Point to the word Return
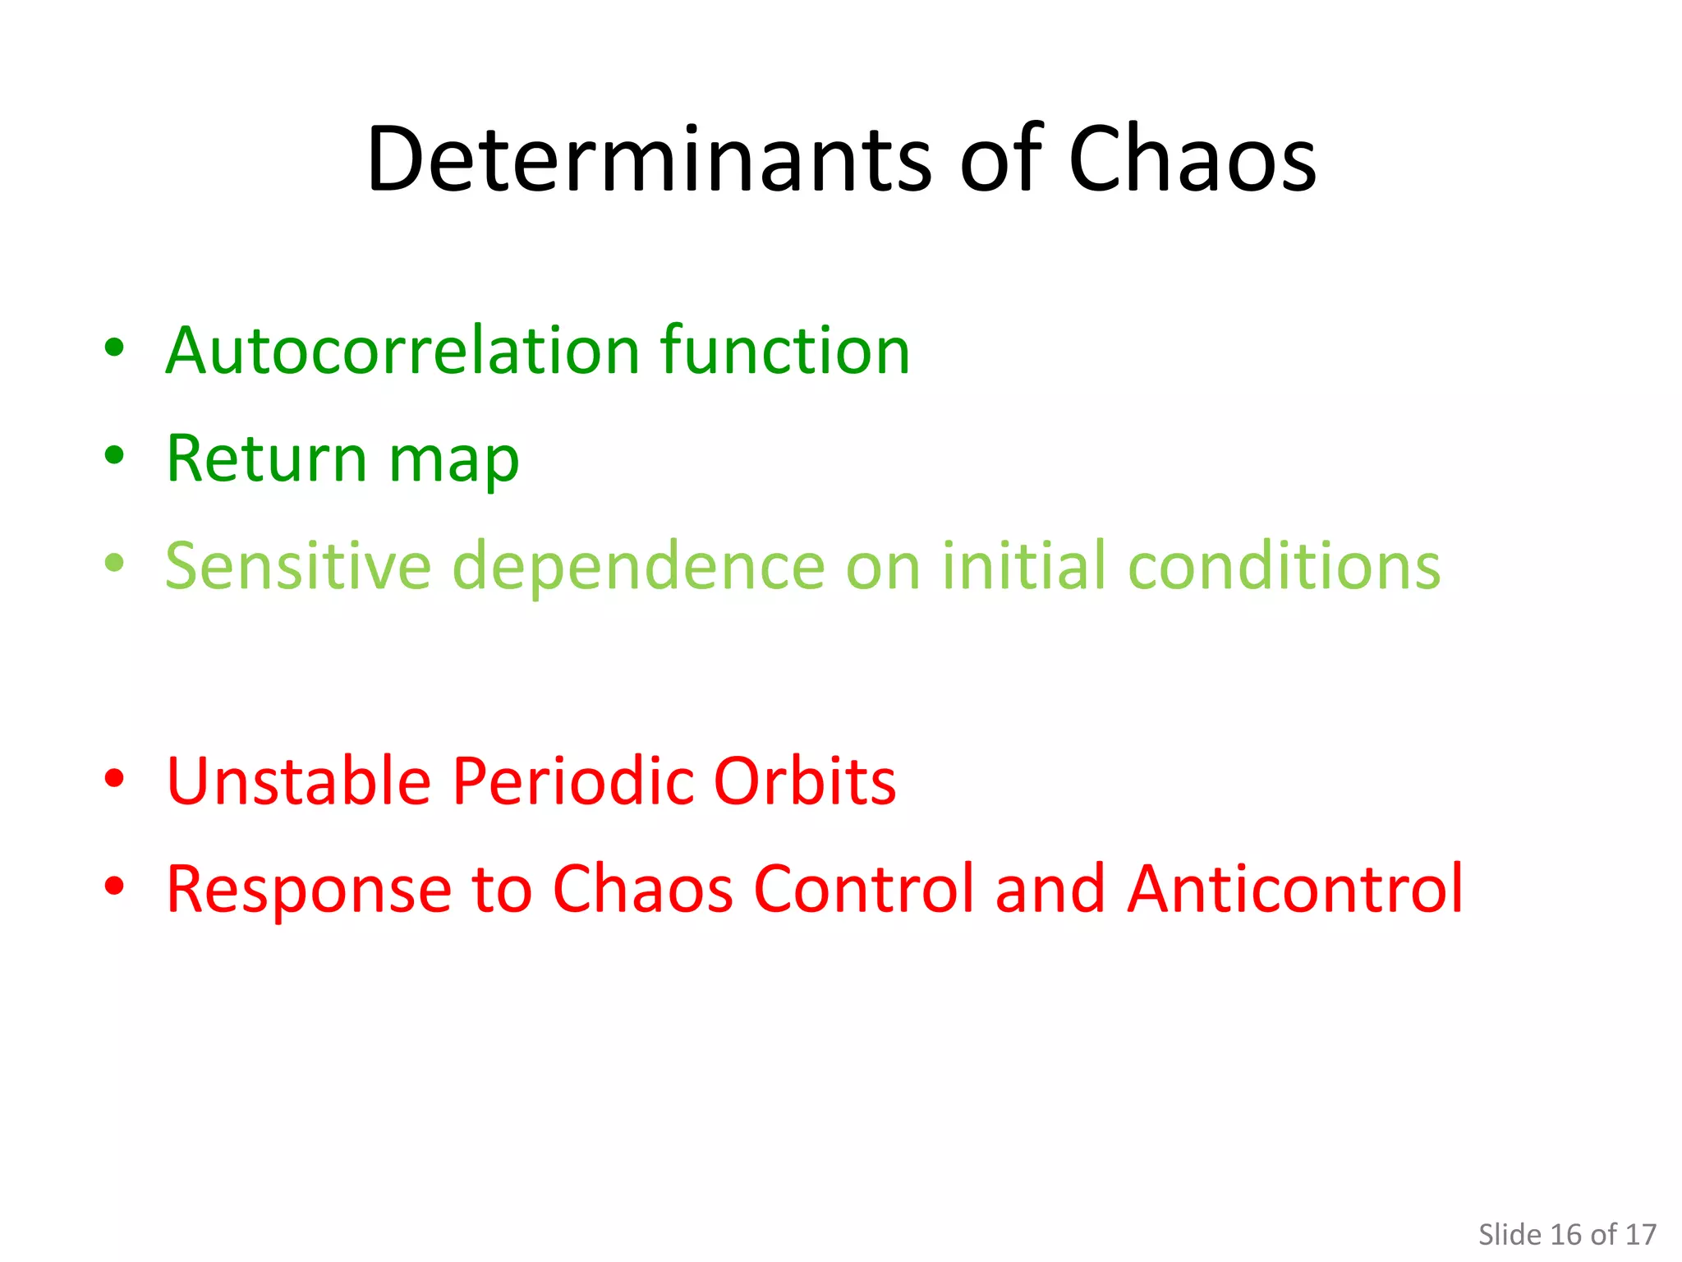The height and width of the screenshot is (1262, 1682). pos(266,458)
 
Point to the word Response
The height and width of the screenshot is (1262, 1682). pos(309,889)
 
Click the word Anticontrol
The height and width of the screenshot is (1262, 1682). pos(1295,889)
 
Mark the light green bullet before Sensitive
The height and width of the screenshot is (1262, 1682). pos(115,563)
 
